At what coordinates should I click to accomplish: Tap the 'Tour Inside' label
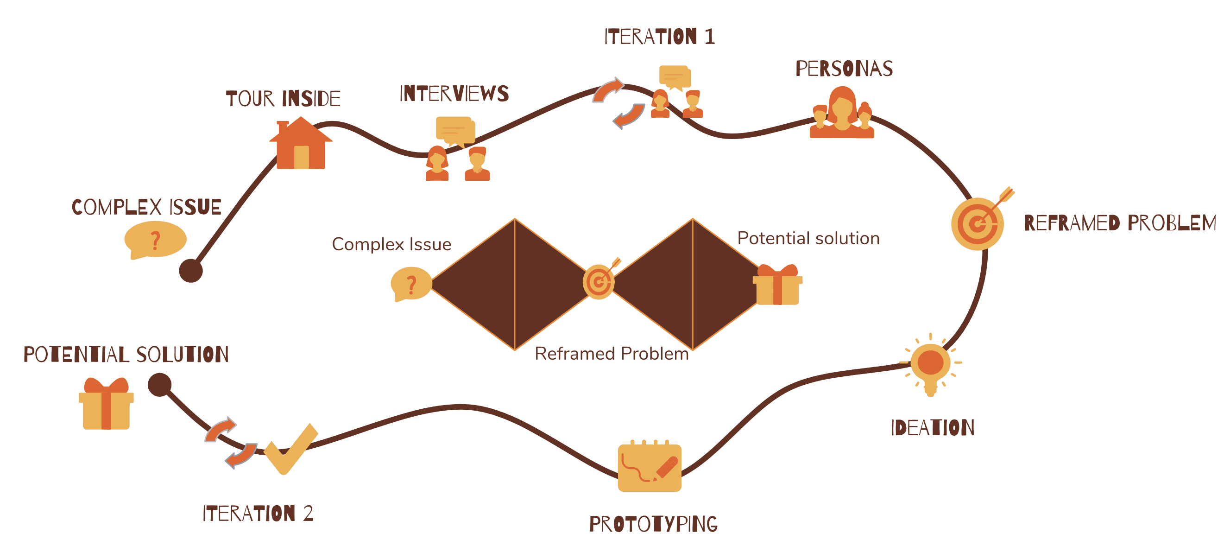click(x=283, y=99)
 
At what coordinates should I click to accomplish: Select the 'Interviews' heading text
click(x=454, y=94)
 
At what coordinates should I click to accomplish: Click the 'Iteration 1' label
click(x=660, y=37)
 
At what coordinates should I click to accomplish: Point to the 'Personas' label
click(x=845, y=69)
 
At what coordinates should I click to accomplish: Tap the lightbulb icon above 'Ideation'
click(x=930, y=365)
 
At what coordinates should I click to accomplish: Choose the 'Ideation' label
click(x=933, y=427)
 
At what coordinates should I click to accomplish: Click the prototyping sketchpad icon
click(x=650, y=466)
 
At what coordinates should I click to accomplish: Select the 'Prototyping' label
click(x=653, y=524)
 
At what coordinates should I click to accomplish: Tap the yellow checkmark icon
click(x=291, y=449)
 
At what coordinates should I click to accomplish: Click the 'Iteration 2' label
click(x=258, y=513)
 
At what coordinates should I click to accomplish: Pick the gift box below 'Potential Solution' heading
click(x=106, y=403)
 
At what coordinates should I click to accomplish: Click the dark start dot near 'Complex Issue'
click(x=191, y=271)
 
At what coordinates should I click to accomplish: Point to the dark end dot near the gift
click(x=160, y=385)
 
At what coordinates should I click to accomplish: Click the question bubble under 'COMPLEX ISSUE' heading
click(x=155, y=241)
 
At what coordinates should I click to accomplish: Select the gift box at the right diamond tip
click(x=777, y=285)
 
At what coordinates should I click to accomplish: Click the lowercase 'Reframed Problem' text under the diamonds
click(x=612, y=354)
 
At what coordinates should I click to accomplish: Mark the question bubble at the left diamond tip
click(x=411, y=284)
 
